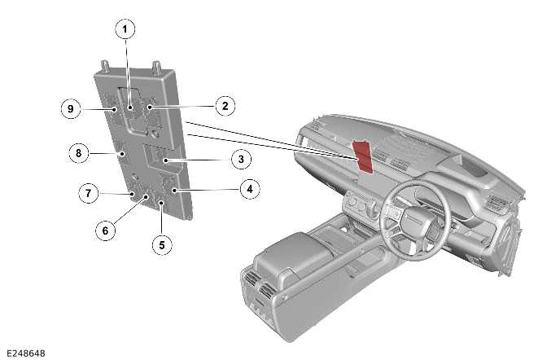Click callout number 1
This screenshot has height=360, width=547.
tap(125, 30)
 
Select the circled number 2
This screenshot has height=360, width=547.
tap(225, 105)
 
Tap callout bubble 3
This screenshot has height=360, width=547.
tap(242, 158)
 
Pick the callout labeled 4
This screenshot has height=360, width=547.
tap(249, 190)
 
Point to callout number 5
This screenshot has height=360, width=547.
tap(161, 243)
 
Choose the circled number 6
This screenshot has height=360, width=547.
tap(103, 230)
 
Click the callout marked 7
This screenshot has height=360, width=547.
tap(87, 193)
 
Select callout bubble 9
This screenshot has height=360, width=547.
tap(71, 108)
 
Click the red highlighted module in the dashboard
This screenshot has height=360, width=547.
tap(363, 155)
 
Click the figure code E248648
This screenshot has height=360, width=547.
tap(24, 353)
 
